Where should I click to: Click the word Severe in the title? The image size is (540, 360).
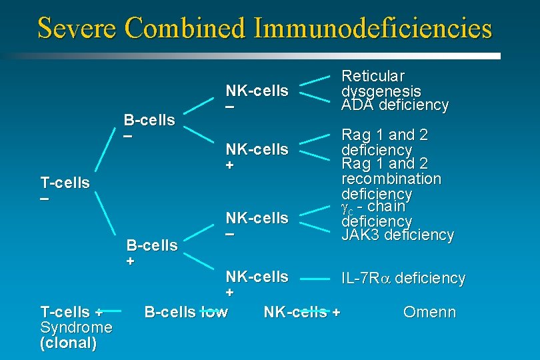click(77, 28)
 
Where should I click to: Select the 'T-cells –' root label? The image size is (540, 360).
click(65, 190)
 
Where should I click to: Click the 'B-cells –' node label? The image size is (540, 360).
click(149, 127)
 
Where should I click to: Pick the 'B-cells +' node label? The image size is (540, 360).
click(152, 253)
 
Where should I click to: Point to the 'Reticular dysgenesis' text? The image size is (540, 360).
click(381, 83)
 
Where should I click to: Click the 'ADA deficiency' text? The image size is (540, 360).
click(395, 105)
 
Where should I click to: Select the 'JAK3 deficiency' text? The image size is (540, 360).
click(397, 235)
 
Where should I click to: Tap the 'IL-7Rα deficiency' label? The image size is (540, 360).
click(403, 279)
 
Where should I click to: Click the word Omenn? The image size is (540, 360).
click(430, 312)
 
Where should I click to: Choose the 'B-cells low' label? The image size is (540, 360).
click(186, 312)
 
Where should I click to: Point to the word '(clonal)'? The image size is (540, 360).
click(68, 344)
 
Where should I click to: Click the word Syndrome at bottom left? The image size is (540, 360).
click(76, 328)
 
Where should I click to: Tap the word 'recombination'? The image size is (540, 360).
click(391, 179)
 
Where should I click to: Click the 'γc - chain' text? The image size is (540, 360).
click(373, 207)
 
